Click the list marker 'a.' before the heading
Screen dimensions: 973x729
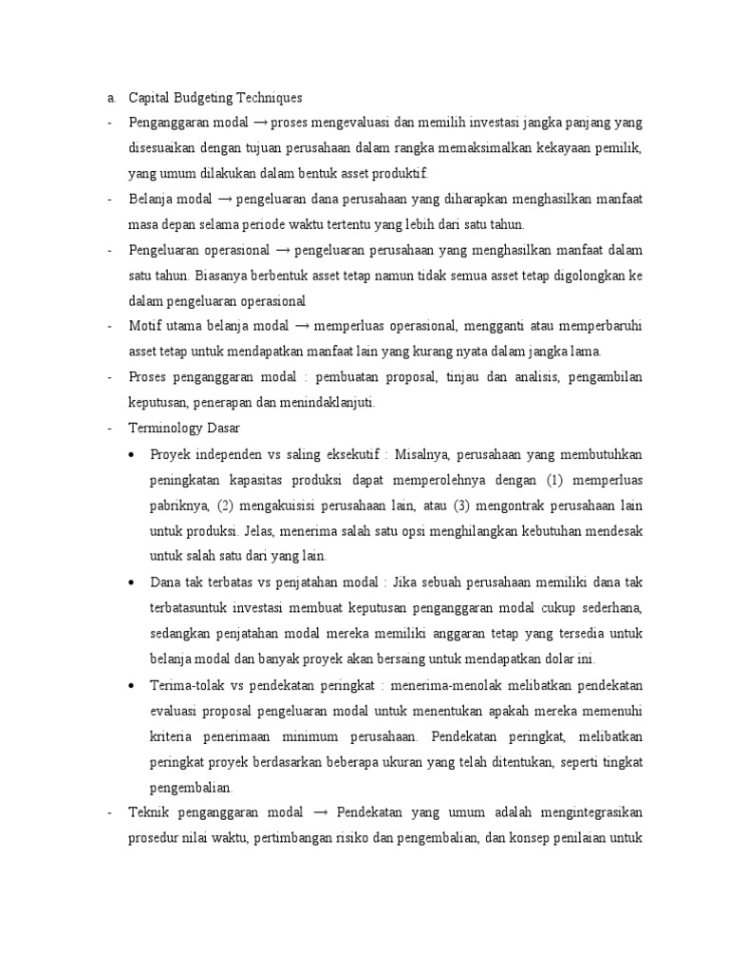(111, 97)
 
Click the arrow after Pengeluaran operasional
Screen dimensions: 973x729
(282, 250)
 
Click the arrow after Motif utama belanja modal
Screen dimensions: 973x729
(303, 327)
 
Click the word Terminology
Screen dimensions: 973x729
(167, 429)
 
